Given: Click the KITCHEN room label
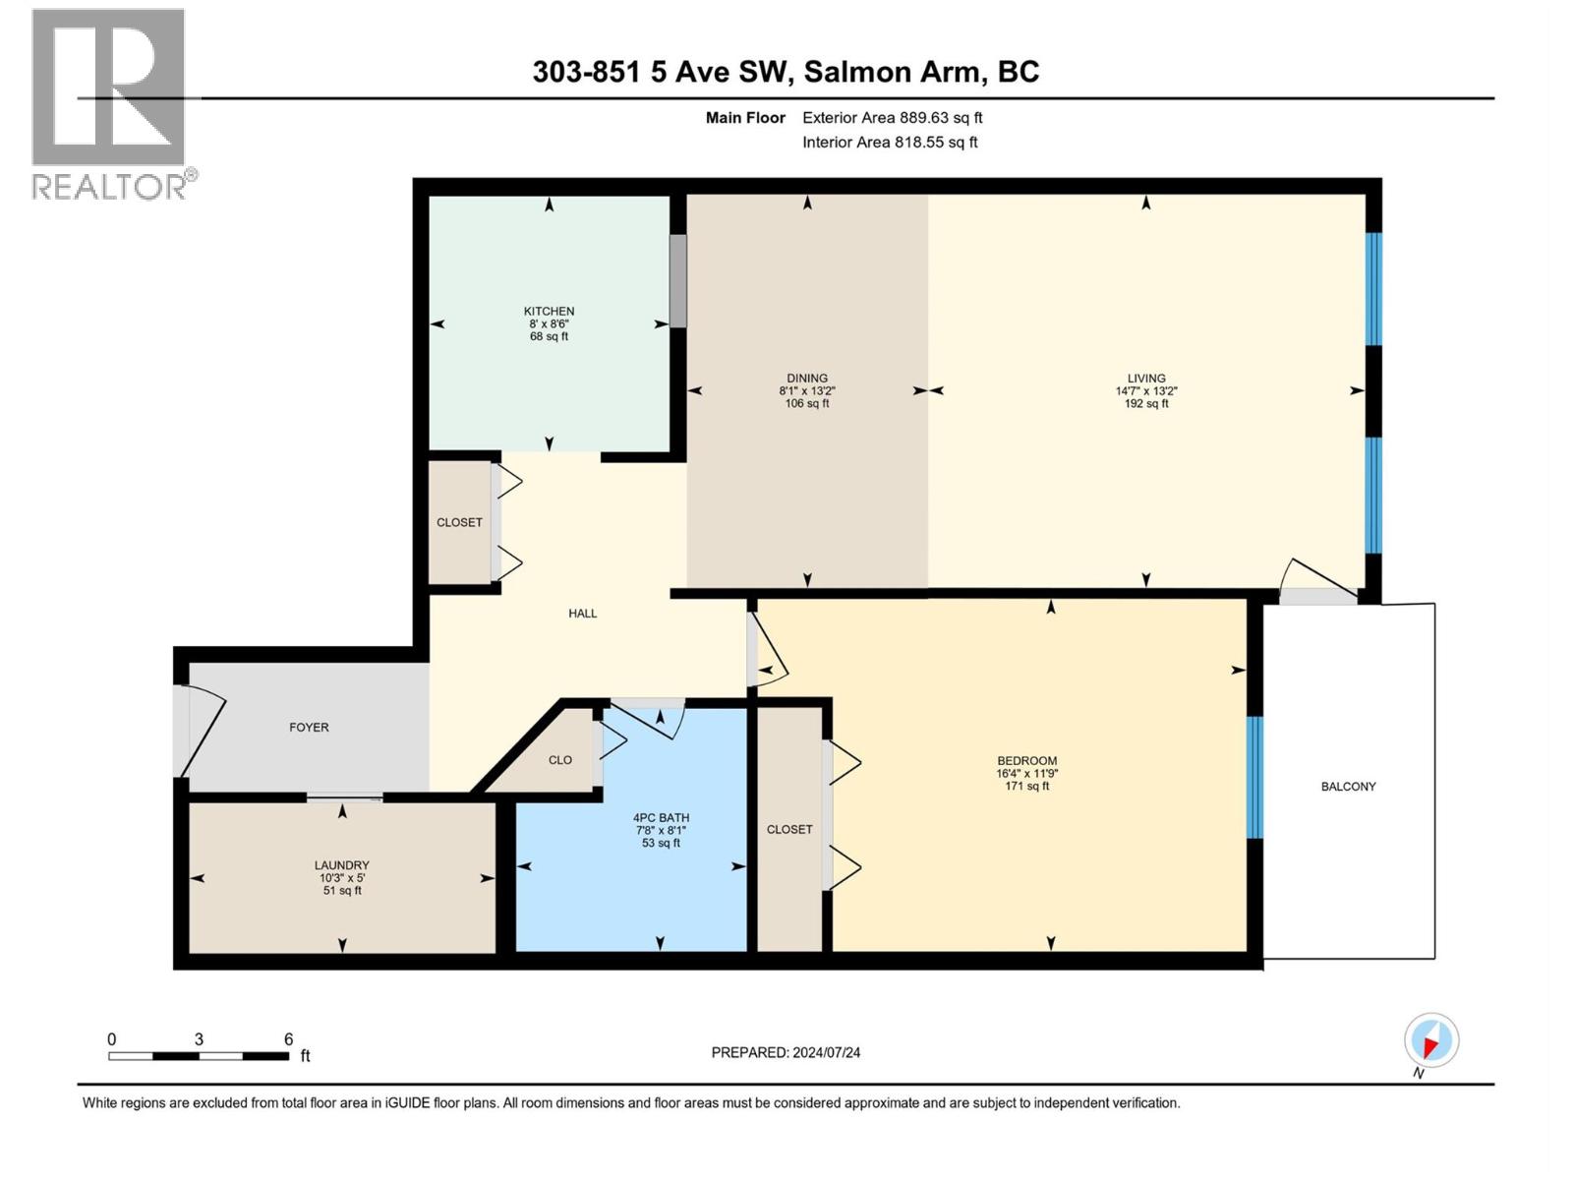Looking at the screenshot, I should click(549, 311).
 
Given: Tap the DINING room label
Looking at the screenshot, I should click(807, 378).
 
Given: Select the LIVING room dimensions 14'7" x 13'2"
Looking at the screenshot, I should click(1146, 390).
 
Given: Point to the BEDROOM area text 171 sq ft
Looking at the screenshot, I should click(1027, 786).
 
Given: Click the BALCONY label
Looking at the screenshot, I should click(1348, 786).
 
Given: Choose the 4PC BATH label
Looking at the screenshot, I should click(661, 817).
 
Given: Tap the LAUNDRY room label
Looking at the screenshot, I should click(341, 865).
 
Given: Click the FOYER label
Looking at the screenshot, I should click(309, 727).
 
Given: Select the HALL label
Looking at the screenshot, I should click(582, 613).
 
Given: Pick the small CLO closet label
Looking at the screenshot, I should click(560, 759).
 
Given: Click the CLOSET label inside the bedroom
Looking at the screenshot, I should click(789, 829).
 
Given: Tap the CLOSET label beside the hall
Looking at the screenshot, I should click(459, 522).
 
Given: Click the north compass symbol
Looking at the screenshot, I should click(1431, 1041).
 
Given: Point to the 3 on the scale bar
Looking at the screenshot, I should click(199, 1039).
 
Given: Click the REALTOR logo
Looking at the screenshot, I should click(110, 103).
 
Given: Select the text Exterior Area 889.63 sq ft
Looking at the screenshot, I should click(892, 117).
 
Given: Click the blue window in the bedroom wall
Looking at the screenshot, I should click(1254, 777).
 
